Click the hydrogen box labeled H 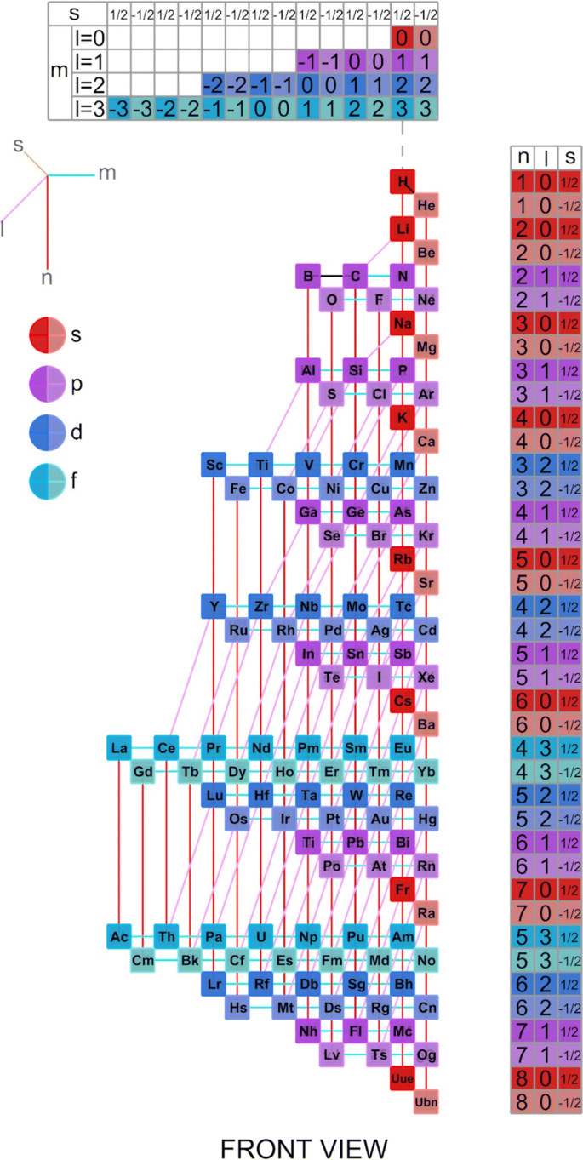(x=402, y=182)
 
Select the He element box (x=426, y=205)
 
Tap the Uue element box (x=402, y=1078)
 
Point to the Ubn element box (x=426, y=1101)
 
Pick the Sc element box (x=214, y=465)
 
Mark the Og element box (x=426, y=1054)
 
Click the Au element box (x=379, y=819)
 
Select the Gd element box (x=143, y=771)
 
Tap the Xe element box (x=426, y=677)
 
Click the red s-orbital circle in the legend (x=48, y=335)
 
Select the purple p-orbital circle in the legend (x=48, y=384)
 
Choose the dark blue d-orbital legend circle (x=48, y=432)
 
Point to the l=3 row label (x=89, y=108)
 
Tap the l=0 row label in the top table (x=89, y=37)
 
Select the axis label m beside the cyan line (x=106, y=174)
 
